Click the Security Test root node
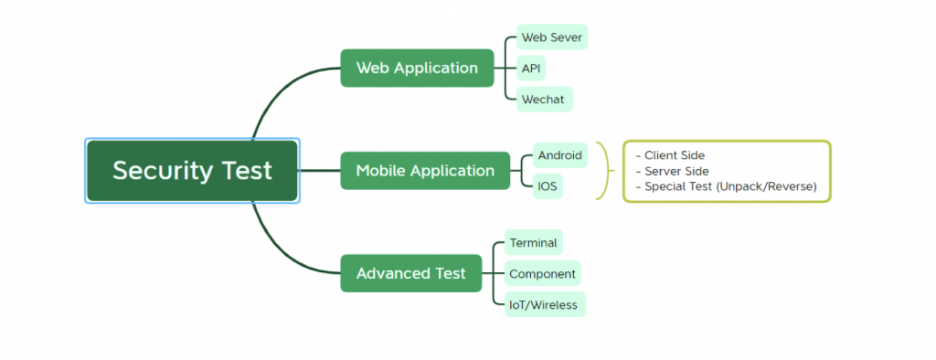[192, 171]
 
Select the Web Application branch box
[417, 68]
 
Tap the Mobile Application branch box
[425, 171]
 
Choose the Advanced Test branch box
[410, 273]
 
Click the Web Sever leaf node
[550, 37]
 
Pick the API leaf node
[531, 68]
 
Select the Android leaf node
[559, 155]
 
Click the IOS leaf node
[548, 186]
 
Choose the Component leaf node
[542, 273]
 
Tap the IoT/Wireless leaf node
[544, 304]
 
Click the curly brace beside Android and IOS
[604, 171]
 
